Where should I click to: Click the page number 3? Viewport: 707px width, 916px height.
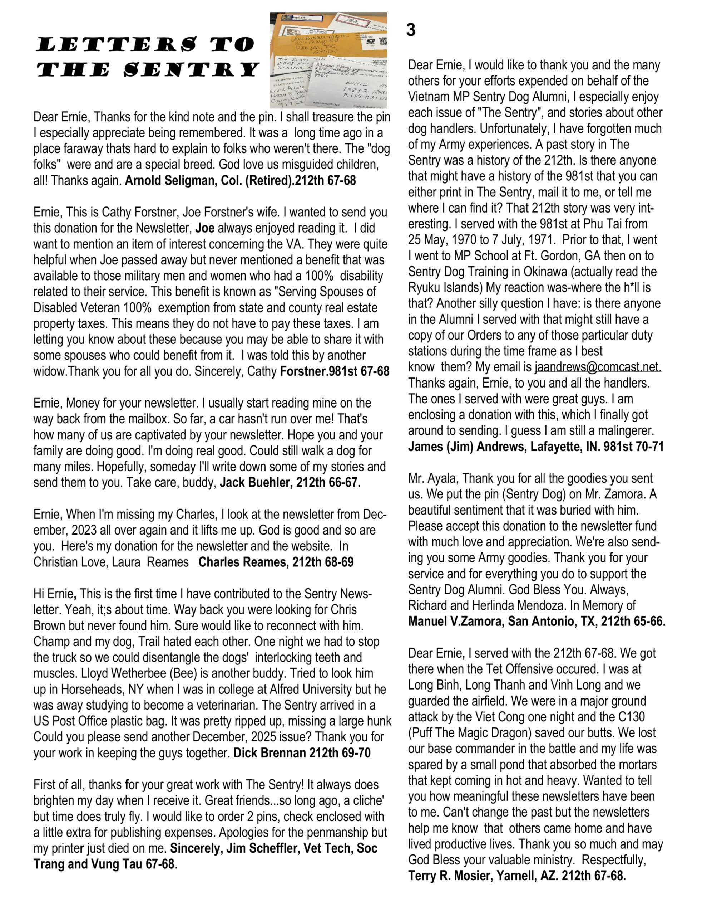[x=411, y=30]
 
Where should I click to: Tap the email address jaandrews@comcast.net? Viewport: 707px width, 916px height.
[x=598, y=367]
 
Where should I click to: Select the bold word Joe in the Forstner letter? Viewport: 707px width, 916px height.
[x=205, y=228]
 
